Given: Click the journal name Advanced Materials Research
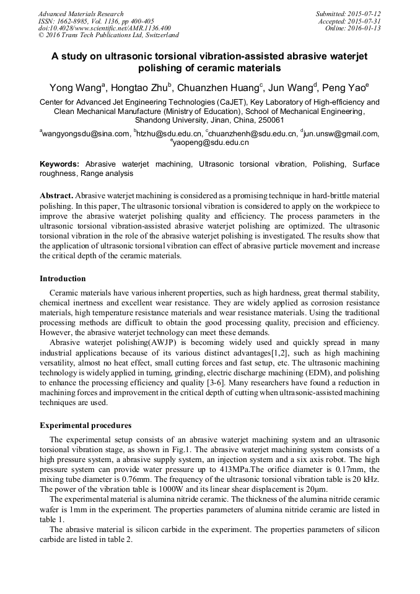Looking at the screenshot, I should [81, 14].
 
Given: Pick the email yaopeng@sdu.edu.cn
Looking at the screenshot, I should [211, 142].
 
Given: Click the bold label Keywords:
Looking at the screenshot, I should [59, 164].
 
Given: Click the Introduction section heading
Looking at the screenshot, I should [63, 279].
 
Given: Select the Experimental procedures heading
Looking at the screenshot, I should [85, 426].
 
